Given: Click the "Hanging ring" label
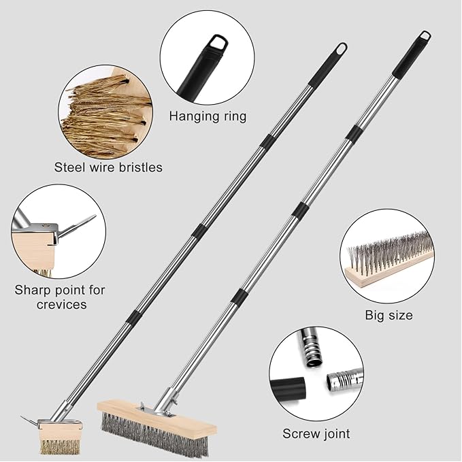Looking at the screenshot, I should click(x=208, y=116).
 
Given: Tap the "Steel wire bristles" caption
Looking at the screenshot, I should click(x=109, y=167).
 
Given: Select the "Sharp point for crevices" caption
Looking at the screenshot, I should click(x=60, y=297).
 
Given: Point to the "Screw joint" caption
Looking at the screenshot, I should click(x=316, y=433).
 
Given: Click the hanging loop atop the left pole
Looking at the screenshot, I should click(x=340, y=49).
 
